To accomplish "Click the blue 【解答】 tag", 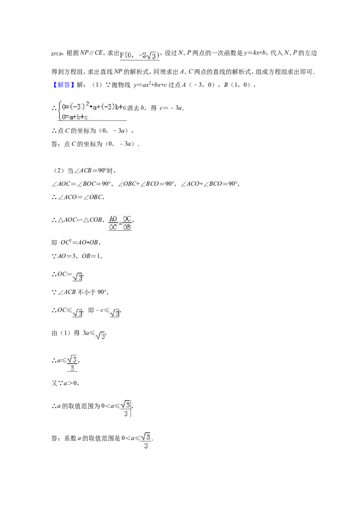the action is (64, 85).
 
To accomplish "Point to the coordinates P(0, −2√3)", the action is (139, 55).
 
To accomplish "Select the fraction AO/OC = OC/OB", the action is (120, 223).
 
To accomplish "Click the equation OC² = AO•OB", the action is (80, 242).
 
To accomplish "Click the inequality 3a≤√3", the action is (94, 334).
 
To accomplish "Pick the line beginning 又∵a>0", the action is (65, 383).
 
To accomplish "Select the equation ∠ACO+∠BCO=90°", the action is (209, 184).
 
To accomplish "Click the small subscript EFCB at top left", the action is (56, 54).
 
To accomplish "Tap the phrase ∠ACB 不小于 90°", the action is (82, 292).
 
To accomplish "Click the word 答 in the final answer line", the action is (54, 438).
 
